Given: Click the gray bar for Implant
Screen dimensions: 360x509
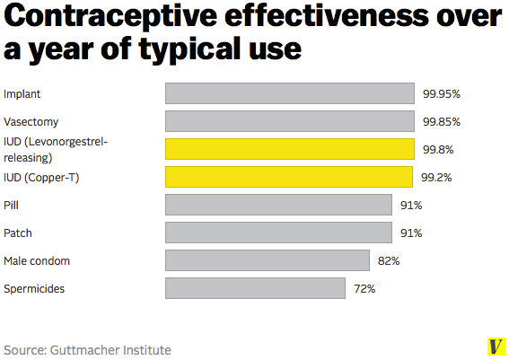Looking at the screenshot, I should click(x=290, y=93).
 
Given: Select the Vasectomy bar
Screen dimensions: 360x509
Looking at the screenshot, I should click(x=290, y=121).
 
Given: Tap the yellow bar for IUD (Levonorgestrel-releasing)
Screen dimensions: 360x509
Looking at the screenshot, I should click(x=290, y=149).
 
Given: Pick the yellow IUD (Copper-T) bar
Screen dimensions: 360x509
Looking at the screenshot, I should click(x=289, y=177).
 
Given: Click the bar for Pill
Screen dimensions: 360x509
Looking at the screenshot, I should click(x=279, y=205).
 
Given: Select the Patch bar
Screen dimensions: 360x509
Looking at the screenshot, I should click(x=279, y=233).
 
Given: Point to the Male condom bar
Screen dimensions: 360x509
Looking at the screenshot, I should click(x=268, y=260).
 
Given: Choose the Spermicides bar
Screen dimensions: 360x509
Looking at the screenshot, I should click(x=256, y=288).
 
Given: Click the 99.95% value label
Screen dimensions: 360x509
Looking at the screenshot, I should click(x=442, y=93).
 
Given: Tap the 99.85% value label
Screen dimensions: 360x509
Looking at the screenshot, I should click(x=442, y=121).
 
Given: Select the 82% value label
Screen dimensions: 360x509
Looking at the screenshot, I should click(x=389, y=261).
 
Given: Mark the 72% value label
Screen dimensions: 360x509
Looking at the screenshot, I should click(x=364, y=289).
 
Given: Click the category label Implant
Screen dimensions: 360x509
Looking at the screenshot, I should click(x=22, y=93).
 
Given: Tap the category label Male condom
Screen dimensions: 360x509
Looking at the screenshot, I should click(x=37, y=261).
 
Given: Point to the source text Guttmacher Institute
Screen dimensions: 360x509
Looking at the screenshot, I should click(x=111, y=349).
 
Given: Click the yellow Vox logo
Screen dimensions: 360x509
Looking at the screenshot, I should click(x=496, y=347).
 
